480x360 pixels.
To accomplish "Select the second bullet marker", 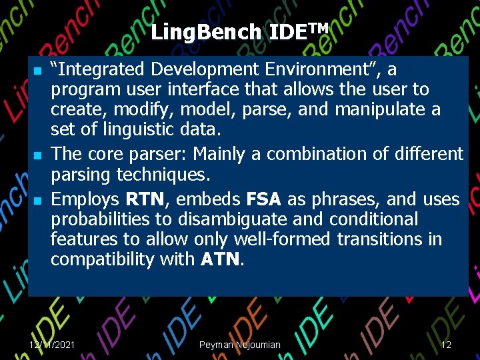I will point(38,156).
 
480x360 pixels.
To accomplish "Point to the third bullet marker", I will point(38,201).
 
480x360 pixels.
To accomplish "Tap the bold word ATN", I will point(221,259).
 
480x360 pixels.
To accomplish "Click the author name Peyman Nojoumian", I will point(239,345).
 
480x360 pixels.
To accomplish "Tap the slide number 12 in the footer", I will point(446,345).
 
